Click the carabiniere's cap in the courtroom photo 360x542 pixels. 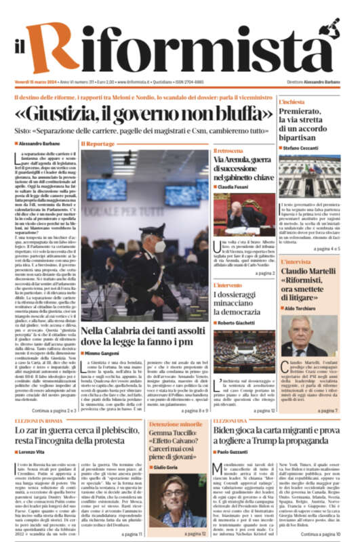coord(151,232)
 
